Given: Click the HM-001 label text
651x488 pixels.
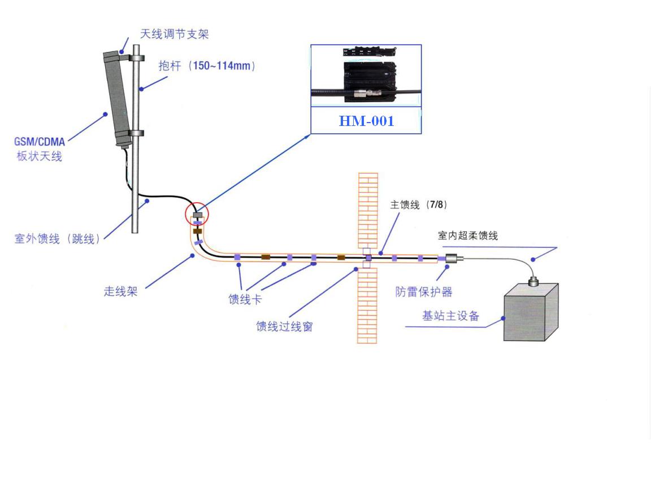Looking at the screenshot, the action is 366,121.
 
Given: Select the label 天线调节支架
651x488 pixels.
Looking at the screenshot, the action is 175,34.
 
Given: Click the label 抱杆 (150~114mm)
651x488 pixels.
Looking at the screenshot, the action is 207,66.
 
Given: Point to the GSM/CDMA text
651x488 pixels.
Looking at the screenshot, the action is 40,142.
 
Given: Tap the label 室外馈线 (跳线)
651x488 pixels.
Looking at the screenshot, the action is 57,238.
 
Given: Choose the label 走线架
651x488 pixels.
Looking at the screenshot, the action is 120,291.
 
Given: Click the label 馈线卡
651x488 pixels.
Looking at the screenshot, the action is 245,299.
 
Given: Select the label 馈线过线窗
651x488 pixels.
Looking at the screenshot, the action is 284,326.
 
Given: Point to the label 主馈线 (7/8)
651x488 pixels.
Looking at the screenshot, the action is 419,204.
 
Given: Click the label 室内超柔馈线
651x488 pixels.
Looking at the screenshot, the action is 468,236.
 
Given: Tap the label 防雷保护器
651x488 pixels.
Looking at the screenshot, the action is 424,291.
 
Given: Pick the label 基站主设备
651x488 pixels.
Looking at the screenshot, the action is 451,316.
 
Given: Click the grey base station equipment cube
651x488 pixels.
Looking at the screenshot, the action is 531,312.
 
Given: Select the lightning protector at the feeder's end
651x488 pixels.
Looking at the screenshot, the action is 454,259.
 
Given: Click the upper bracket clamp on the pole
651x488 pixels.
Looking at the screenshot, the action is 136,58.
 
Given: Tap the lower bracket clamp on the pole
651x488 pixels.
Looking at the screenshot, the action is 136,133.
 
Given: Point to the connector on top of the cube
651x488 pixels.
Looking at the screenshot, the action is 533,282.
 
